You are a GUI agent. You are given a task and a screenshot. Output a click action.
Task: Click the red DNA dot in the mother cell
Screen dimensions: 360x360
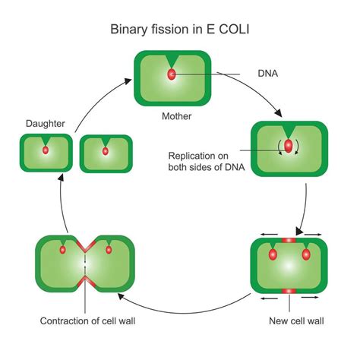pyautogui.click(x=172, y=75)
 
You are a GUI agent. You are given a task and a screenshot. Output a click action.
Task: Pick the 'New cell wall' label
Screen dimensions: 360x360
pyautogui.click(x=296, y=321)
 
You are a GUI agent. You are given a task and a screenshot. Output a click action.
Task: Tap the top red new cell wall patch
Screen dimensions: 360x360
pyautogui.click(x=289, y=240)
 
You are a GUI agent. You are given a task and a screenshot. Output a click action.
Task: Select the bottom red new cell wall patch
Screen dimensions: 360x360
pyautogui.click(x=289, y=291)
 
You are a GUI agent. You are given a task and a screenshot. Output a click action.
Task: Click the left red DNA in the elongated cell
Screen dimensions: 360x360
pyautogui.click(x=272, y=254)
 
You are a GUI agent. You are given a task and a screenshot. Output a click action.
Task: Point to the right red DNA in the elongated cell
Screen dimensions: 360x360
pyautogui.click(x=306, y=254)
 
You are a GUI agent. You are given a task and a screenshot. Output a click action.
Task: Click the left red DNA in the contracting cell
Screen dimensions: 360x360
pyautogui.click(x=64, y=249)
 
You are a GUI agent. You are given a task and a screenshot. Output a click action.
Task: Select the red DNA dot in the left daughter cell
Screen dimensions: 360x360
pyautogui.click(x=46, y=150)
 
